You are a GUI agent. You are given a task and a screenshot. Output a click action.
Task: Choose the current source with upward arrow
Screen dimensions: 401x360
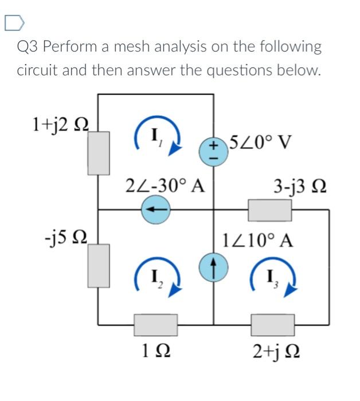pos(212,266)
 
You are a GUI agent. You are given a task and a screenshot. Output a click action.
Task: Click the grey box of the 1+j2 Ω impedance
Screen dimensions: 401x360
pos(102,152)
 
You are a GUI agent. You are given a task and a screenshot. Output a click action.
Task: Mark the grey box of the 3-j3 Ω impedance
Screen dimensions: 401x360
pos(269,210)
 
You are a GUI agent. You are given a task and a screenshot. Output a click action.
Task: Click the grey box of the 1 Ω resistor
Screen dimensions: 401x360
pos(155,324)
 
